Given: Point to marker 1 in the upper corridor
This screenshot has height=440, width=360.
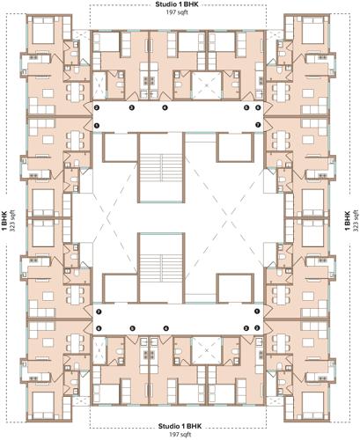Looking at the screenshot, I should pyautogui.click(x=98, y=126).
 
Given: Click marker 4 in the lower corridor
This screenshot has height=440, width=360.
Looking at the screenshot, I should pyautogui.click(x=165, y=329).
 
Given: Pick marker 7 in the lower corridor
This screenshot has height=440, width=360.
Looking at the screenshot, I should pyautogui.click(x=99, y=312).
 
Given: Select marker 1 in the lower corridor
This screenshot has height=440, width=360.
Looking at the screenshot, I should pyautogui.click(x=256, y=312).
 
